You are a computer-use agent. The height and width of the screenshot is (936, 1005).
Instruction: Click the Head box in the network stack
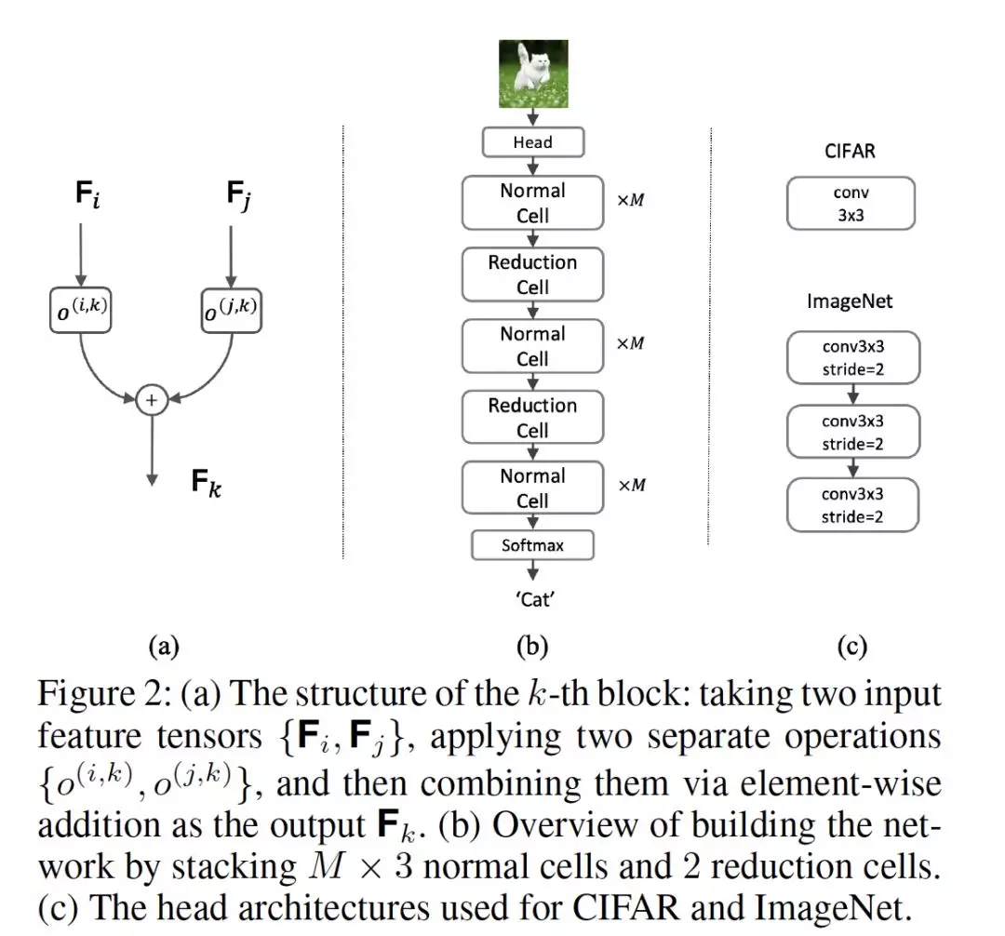coord(532,142)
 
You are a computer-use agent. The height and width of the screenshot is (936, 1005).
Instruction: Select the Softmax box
coord(532,545)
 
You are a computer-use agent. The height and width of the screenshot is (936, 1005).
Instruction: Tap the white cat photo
coord(533,74)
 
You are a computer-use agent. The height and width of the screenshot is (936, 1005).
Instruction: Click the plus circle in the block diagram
coord(152,400)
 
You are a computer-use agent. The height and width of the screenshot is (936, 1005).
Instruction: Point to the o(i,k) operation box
coord(81,310)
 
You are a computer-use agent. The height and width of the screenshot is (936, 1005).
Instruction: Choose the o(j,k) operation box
coord(232,311)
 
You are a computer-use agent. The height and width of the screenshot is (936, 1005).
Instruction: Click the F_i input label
coord(87,194)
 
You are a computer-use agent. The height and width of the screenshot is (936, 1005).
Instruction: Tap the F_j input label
coord(238,194)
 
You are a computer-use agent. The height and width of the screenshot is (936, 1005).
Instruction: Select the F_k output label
coord(207,483)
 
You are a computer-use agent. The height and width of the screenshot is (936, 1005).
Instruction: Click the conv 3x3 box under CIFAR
coord(851,204)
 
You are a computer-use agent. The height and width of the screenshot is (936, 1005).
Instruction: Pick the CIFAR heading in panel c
coord(850,152)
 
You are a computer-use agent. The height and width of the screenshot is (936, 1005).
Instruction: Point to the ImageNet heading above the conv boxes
coord(850,301)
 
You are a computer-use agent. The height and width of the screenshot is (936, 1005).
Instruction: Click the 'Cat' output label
coord(534,600)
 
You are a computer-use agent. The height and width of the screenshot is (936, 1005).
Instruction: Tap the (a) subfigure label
coord(164,646)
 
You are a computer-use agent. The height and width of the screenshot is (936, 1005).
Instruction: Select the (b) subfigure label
coord(532,646)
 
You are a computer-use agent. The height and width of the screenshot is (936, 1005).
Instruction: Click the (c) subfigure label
coord(851,646)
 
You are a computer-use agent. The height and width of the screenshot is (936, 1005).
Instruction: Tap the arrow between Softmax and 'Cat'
coord(532,570)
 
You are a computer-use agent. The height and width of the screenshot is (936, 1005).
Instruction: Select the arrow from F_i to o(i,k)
coord(81,255)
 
